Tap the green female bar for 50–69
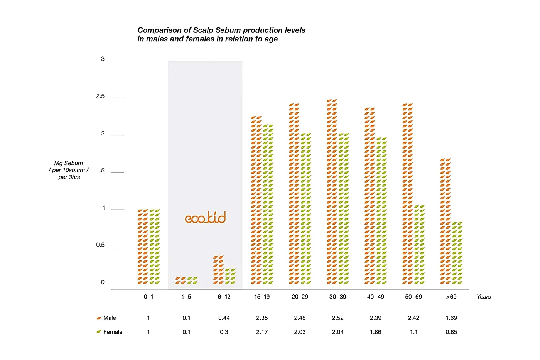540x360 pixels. (x=419, y=245)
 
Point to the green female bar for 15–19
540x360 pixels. (x=268, y=205)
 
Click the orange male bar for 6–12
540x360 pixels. (x=218, y=270)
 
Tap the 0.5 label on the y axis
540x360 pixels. (x=100, y=245)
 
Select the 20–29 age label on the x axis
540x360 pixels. (x=300, y=297)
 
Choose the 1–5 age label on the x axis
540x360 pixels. (x=186, y=297)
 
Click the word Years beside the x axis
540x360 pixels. (x=484, y=297)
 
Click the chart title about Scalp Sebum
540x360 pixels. (x=221, y=34)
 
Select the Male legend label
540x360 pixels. (x=110, y=318)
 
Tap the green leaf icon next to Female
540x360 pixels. (x=99, y=332)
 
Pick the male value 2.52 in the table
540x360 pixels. (x=337, y=318)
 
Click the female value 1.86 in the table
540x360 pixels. (x=375, y=332)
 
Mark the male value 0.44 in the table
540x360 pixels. (x=224, y=318)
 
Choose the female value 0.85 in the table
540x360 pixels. (x=451, y=332)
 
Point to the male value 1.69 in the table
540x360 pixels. (x=451, y=318)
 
